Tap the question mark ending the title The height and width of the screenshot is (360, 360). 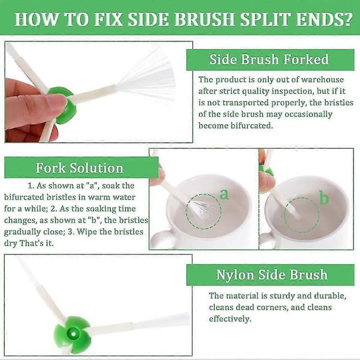pyautogui.click(x=347, y=19)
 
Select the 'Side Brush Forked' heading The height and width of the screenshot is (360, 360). pyautogui.click(x=269, y=59)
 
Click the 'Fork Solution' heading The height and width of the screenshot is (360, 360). pyautogui.click(x=80, y=167)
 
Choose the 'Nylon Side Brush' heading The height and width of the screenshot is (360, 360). pyautogui.click(x=272, y=275)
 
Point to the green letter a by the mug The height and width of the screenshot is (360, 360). pyautogui.click(x=224, y=194)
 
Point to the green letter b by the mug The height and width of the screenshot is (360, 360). pyautogui.click(x=324, y=197)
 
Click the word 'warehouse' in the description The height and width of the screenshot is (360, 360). pyautogui.click(x=322, y=79)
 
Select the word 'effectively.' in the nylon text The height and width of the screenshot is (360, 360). pyautogui.click(x=230, y=319)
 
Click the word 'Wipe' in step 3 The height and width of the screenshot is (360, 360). pyautogui.click(x=86, y=232)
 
